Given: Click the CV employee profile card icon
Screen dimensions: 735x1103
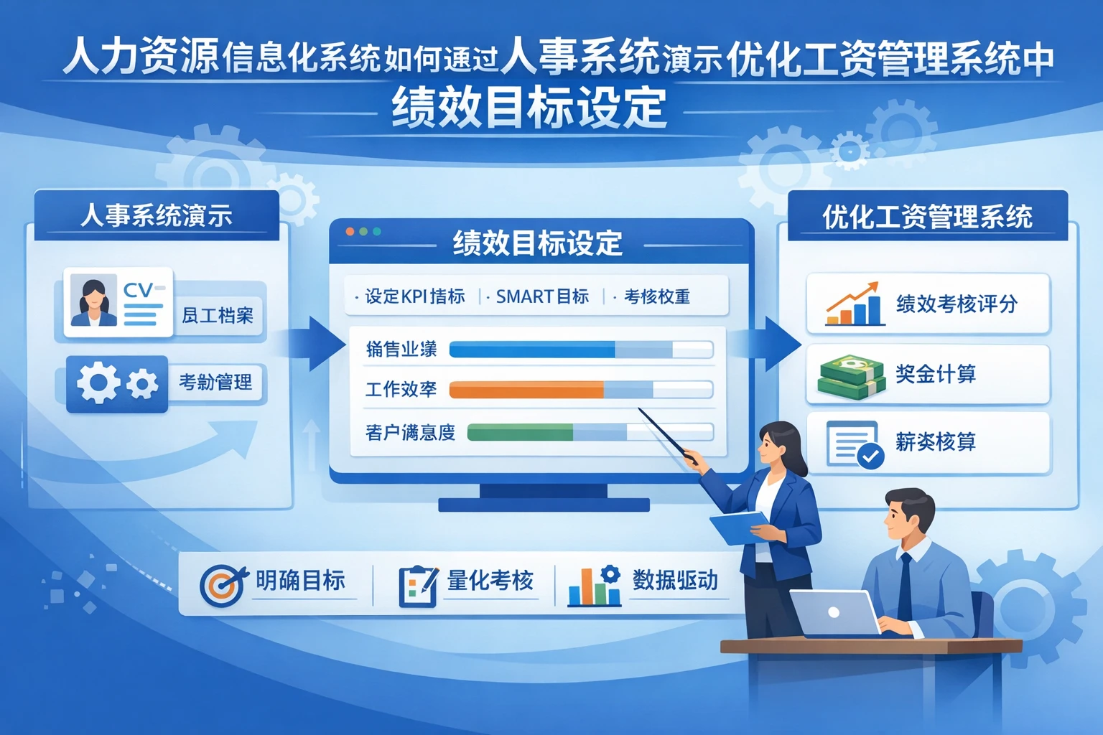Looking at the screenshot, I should tap(118, 302).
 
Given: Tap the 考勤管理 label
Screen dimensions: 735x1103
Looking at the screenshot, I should tap(215, 383).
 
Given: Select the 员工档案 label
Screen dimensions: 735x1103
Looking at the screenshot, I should tap(218, 316).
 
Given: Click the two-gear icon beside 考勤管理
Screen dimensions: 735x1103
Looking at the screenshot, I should tap(117, 383).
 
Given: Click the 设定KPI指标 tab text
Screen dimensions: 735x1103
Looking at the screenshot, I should tap(414, 296).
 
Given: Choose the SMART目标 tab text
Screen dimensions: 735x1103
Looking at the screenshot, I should tap(542, 296).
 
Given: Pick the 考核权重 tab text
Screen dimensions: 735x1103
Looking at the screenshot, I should tap(656, 296).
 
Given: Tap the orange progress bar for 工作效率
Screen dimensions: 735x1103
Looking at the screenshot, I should tap(526, 390).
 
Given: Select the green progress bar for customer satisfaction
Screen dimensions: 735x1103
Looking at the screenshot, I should tap(520, 432).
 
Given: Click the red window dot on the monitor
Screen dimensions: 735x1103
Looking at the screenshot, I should tap(350, 232).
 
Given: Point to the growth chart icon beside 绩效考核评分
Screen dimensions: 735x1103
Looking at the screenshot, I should tap(853, 304).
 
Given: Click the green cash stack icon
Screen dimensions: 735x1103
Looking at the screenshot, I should tap(851, 377).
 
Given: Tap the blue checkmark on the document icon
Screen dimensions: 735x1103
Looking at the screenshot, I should tap(871, 456).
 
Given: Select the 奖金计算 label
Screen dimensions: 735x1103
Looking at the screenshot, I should tap(936, 374).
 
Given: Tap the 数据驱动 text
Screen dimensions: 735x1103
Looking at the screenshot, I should tap(675, 580).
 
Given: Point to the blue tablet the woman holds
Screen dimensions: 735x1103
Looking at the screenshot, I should tap(740, 528).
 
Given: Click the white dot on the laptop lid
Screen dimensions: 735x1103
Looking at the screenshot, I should tap(834, 612).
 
